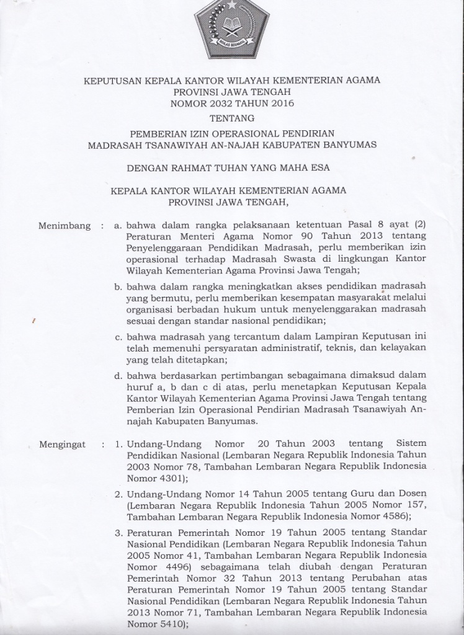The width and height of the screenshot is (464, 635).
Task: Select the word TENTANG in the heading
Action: [231, 117]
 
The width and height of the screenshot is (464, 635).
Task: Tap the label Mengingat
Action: [63, 445]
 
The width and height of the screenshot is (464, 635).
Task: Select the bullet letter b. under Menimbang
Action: [118, 287]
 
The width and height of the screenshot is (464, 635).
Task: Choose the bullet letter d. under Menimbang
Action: [118, 375]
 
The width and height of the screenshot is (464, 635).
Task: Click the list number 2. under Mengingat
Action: [118, 494]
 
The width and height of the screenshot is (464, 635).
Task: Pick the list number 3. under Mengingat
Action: [118, 533]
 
